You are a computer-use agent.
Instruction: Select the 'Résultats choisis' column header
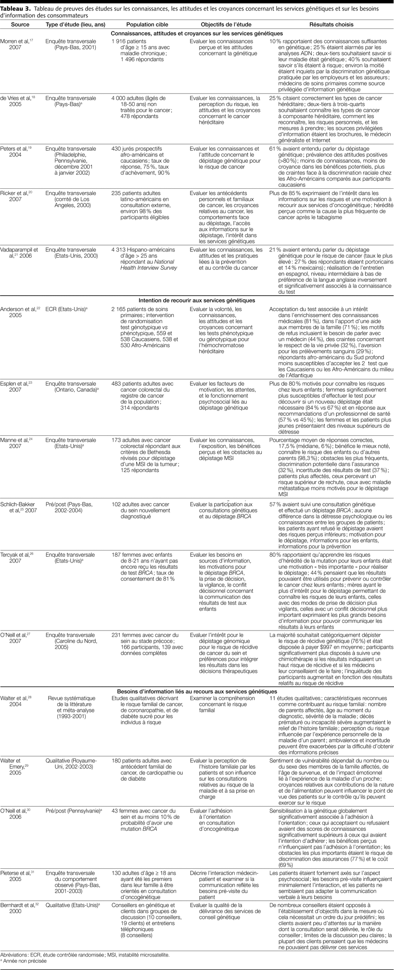[331, 25]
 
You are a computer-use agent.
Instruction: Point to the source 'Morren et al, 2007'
[17, 45]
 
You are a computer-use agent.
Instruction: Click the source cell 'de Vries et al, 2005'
[19, 101]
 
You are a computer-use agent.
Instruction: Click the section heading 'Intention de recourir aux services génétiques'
[197, 300]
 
